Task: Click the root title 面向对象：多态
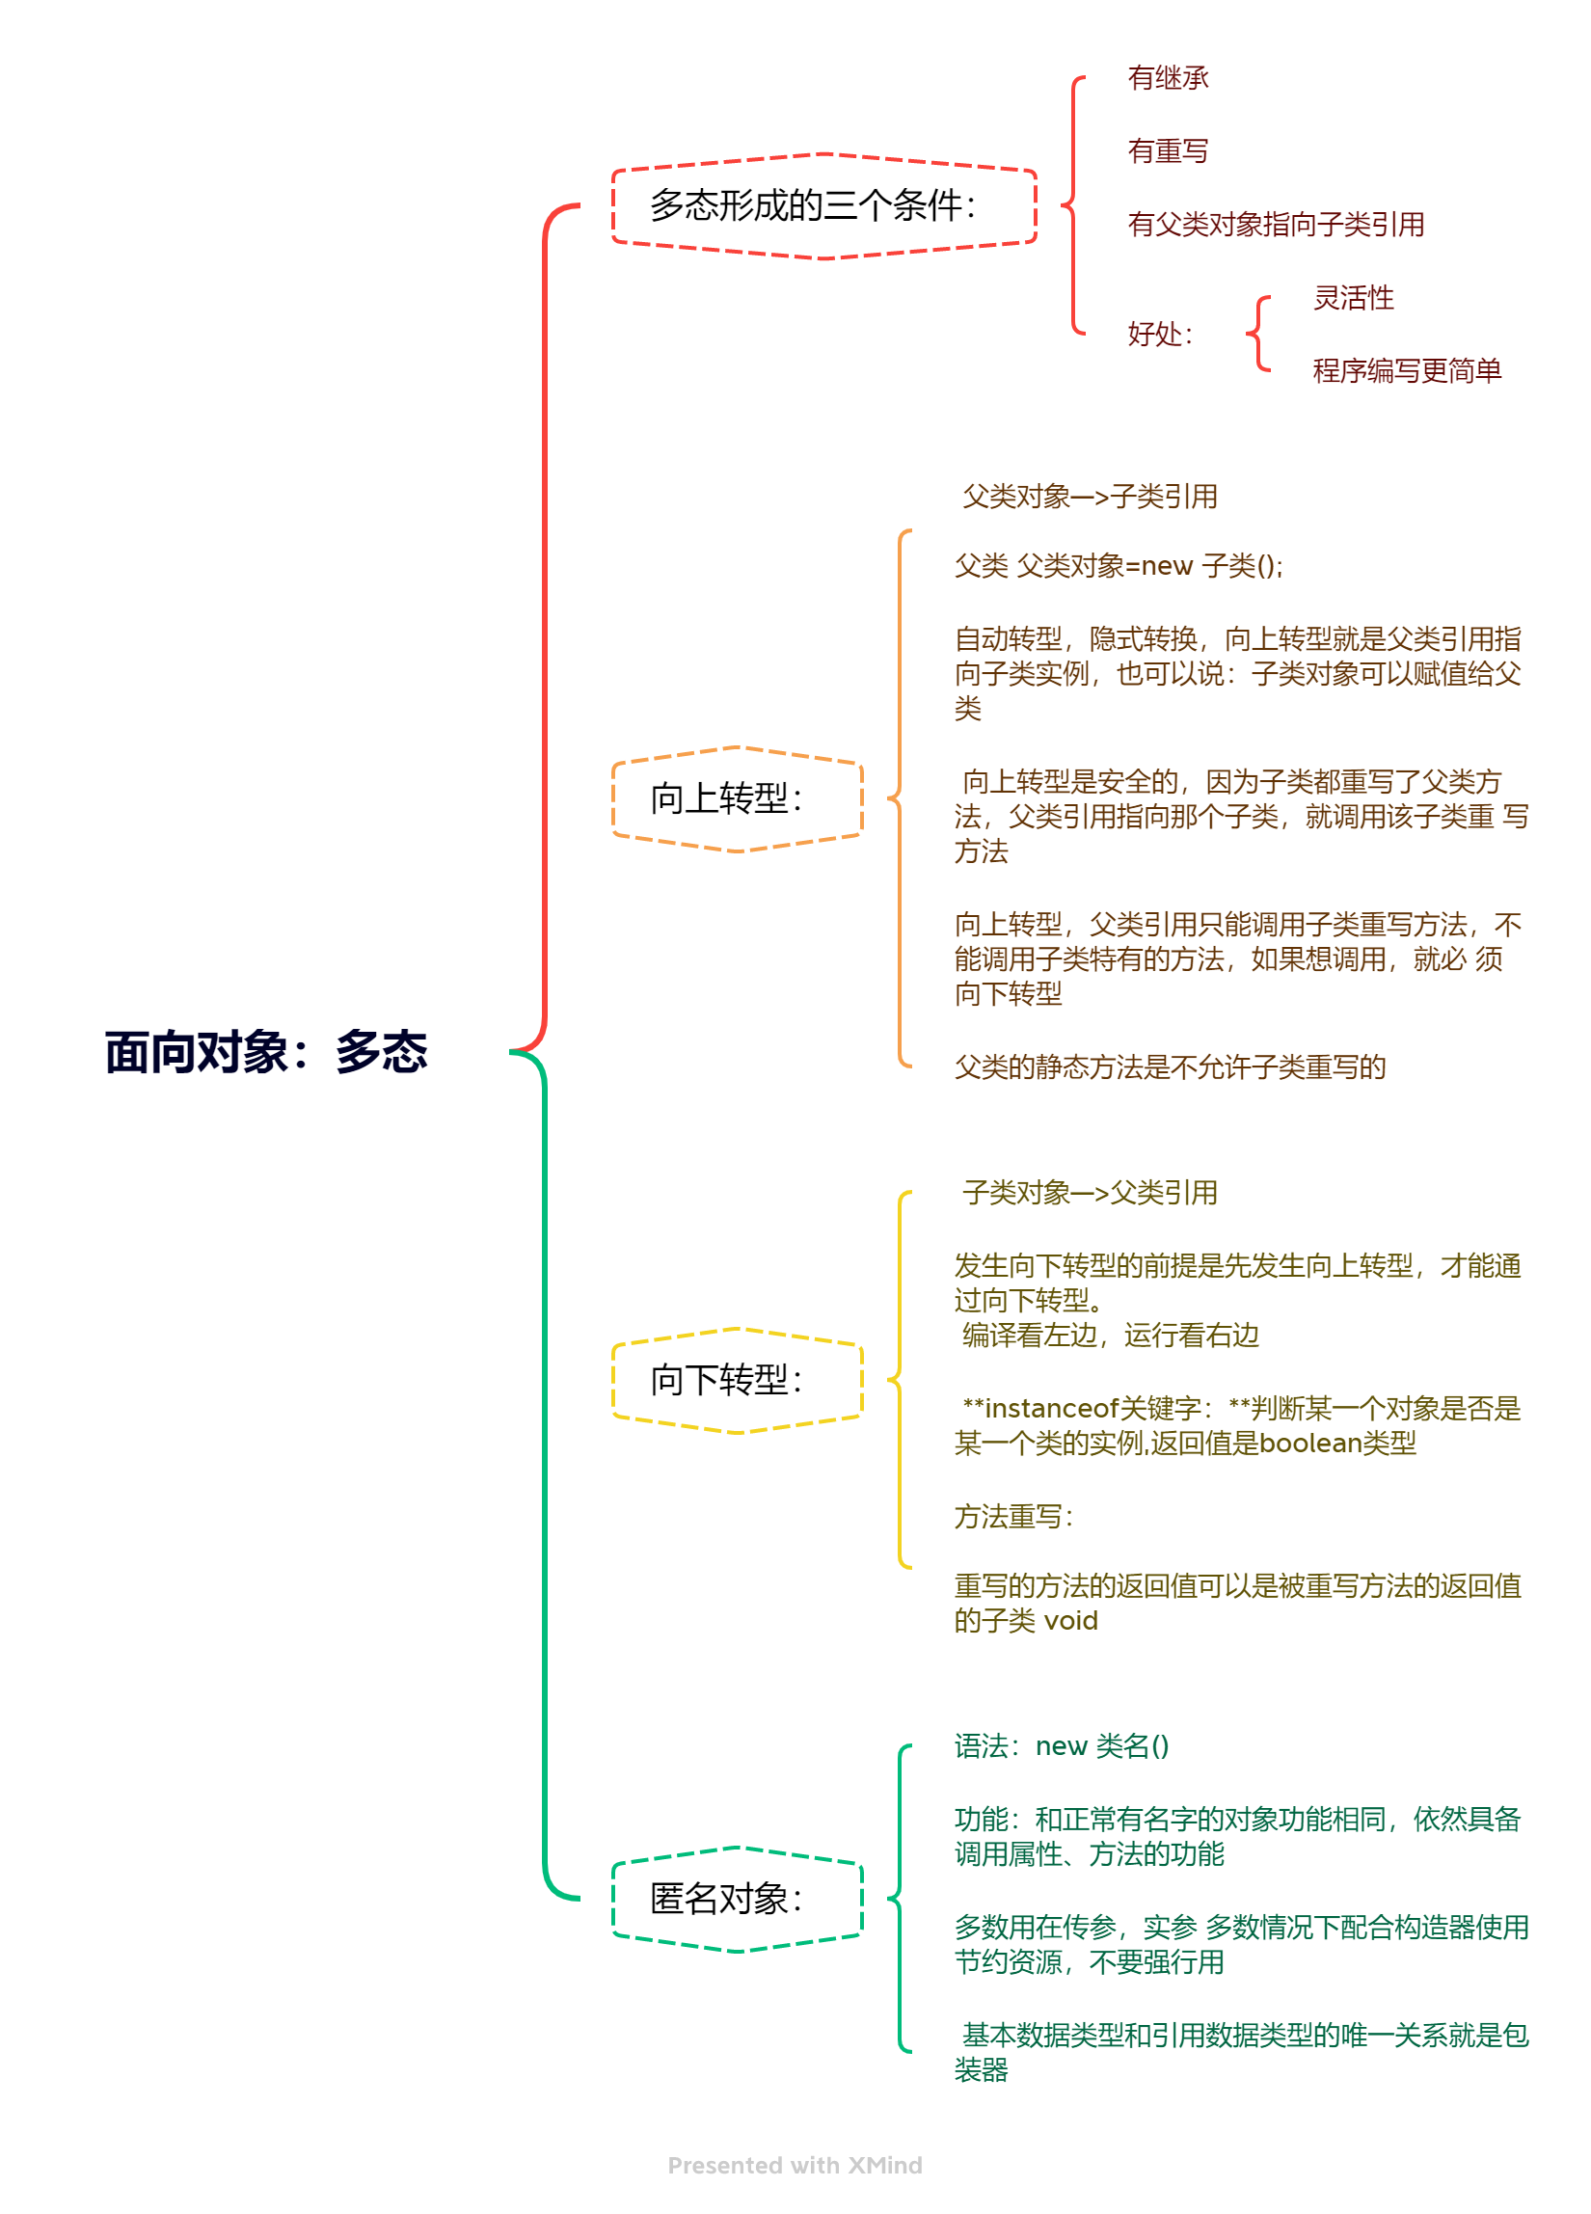pos(265,1052)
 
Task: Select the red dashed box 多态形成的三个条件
pos(822,206)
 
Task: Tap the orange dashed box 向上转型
pos(737,798)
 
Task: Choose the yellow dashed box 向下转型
pos(737,1379)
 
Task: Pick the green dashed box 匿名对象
pos(737,1899)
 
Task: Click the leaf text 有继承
pos(1168,78)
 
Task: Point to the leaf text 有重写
pos(1168,151)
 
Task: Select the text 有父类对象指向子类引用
pos(1275,225)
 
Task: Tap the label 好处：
pos(1160,334)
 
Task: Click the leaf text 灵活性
pos(1353,298)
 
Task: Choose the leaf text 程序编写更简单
pos(1406,371)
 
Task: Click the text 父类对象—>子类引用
pos(1090,497)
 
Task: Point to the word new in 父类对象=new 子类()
pos(1167,566)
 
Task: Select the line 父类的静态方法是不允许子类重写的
pos(1170,1066)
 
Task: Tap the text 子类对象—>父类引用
pos(1090,1193)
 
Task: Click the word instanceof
pos(1051,1409)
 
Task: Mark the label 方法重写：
pos(1013,1517)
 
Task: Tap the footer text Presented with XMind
pos(795,2165)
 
